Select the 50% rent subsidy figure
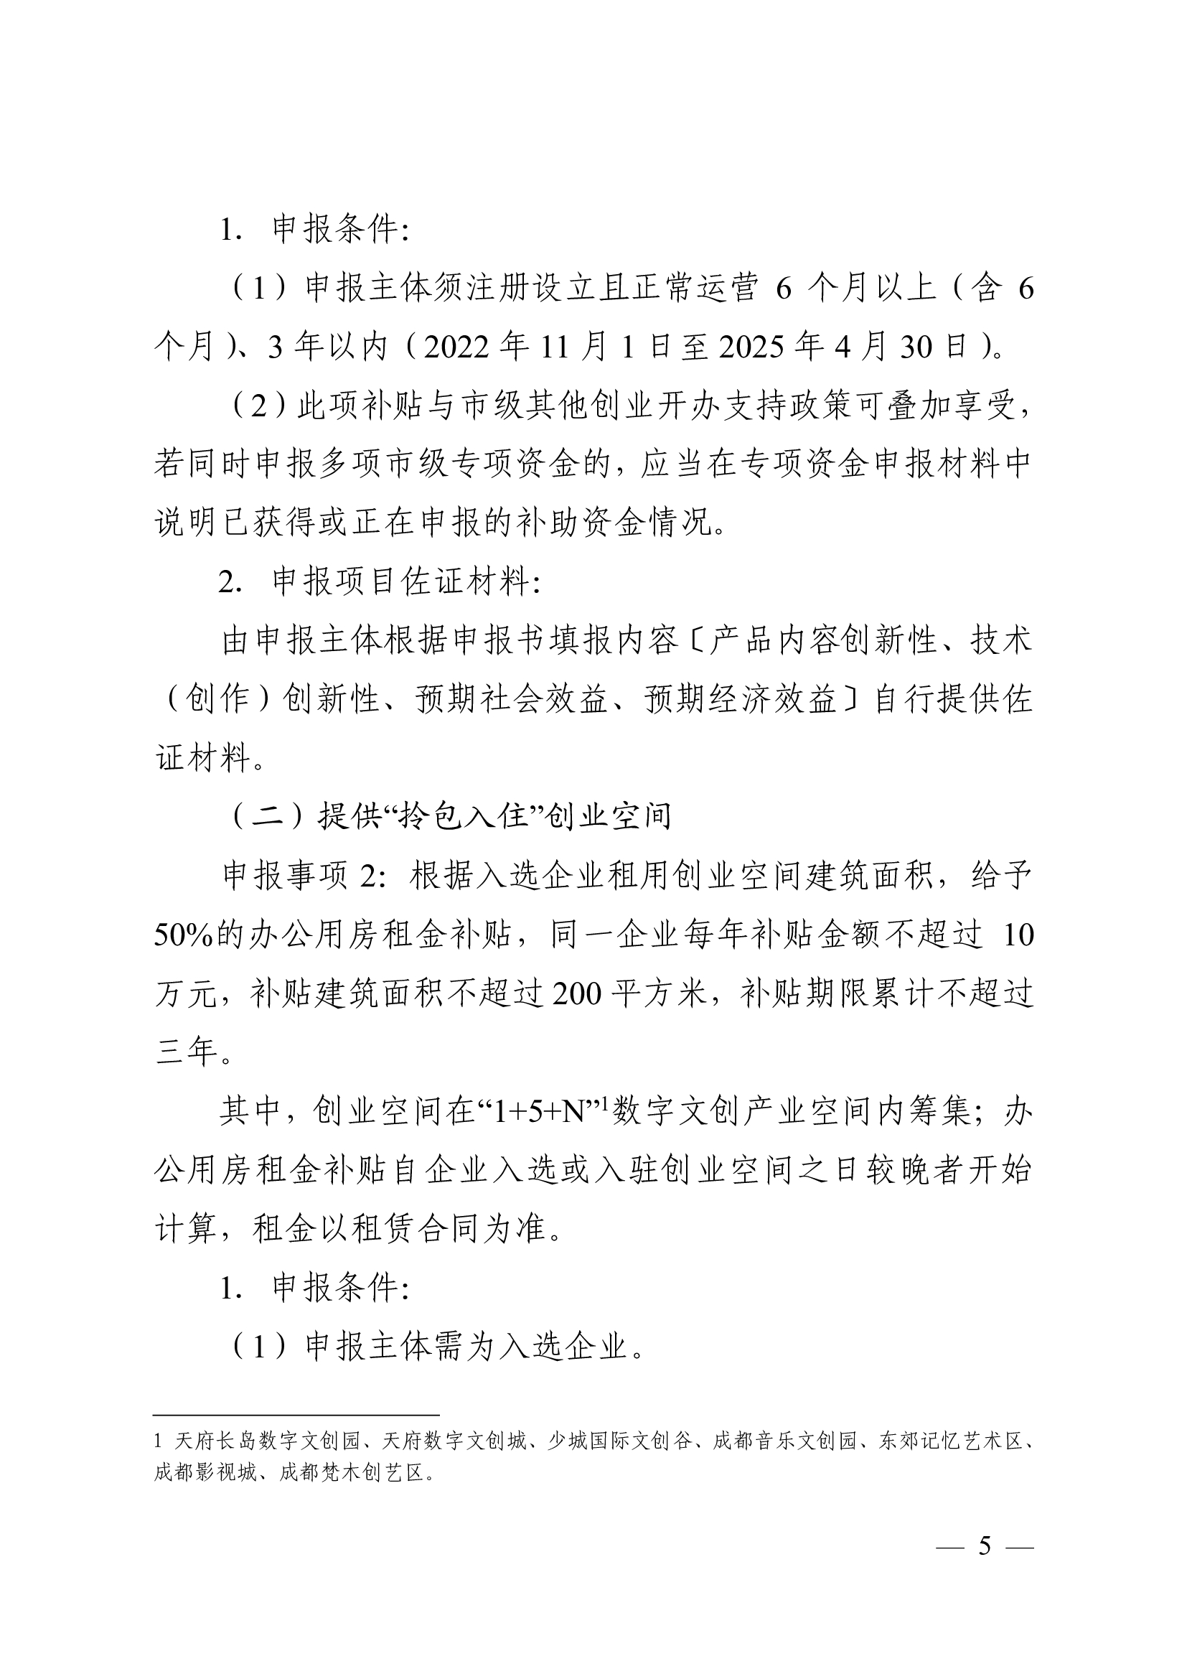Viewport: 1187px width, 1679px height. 183,935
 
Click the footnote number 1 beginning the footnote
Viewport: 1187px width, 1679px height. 158,1441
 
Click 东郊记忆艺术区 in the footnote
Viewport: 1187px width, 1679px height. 952,1441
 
